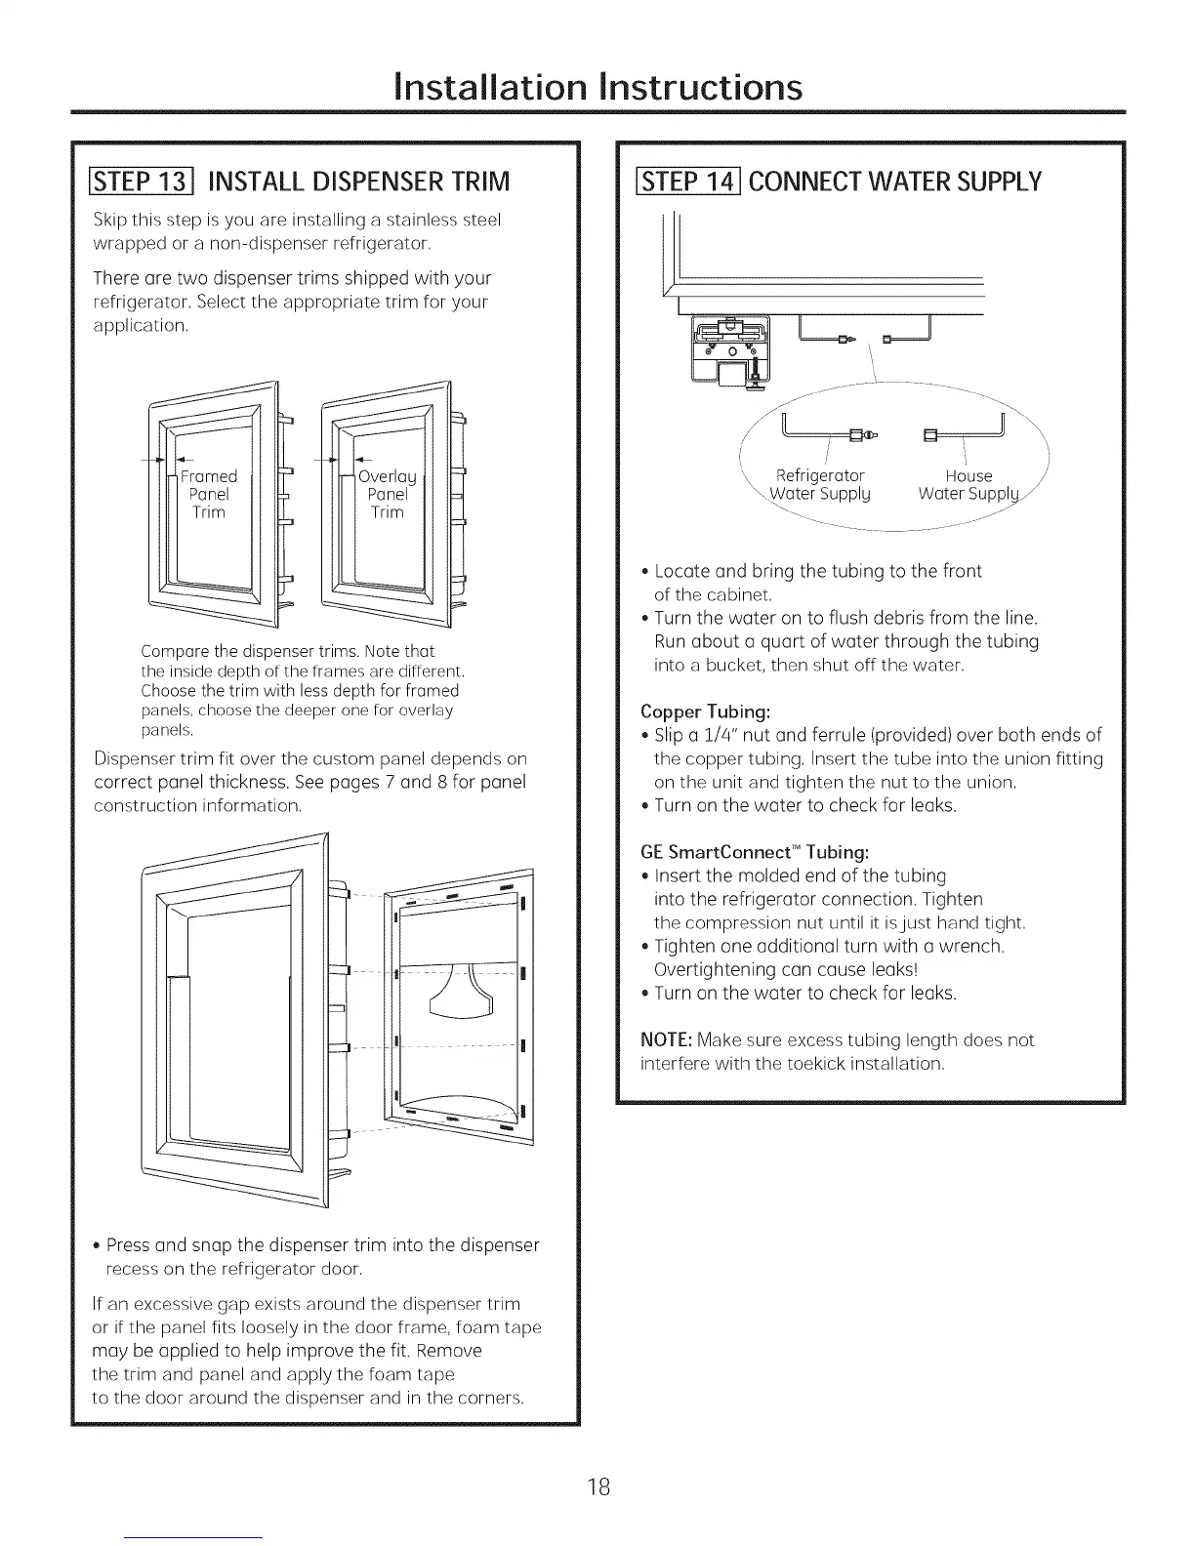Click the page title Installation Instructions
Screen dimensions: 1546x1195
(x=597, y=86)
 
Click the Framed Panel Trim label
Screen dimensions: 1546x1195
(x=209, y=494)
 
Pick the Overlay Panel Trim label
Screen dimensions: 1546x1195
(x=388, y=494)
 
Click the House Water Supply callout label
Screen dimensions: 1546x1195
(x=969, y=484)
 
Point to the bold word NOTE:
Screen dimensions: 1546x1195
(x=666, y=1039)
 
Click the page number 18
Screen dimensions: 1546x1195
(x=597, y=1460)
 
